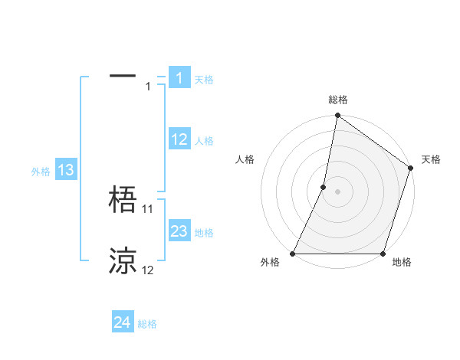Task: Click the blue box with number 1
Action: click(x=179, y=78)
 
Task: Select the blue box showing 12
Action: click(x=179, y=139)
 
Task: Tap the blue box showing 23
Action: click(x=179, y=231)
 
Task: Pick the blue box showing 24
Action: click(x=122, y=322)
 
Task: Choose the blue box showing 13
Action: click(x=66, y=170)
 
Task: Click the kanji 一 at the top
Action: click(x=123, y=77)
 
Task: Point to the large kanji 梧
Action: click(x=123, y=201)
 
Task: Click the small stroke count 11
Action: click(x=148, y=208)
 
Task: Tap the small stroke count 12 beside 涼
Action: click(x=148, y=270)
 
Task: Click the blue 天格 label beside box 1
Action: click(x=204, y=80)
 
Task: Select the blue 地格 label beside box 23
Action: click(x=204, y=233)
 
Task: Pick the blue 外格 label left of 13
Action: click(x=41, y=172)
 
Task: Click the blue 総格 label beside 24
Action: click(x=147, y=324)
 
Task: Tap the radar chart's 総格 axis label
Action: click(x=338, y=100)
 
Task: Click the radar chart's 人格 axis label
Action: click(x=245, y=159)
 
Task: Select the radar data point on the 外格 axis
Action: click(x=293, y=254)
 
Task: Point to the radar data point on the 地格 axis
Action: click(x=383, y=254)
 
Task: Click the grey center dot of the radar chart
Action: click(x=337, y=191)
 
